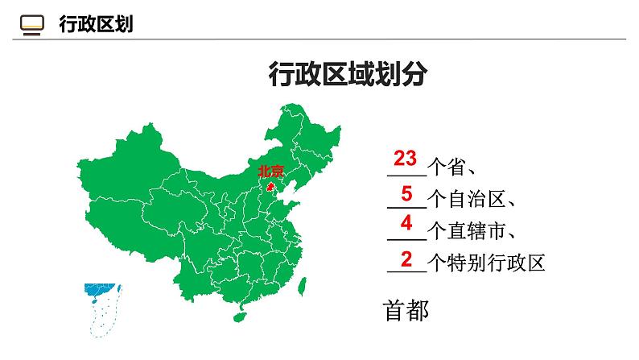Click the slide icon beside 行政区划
point(31,25)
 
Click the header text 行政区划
point(96,25)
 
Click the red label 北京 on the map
point(270,171)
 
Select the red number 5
point(406,193)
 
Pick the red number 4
point(406,224)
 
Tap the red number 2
point(406,259)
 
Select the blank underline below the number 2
point(405,271)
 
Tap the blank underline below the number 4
point(405,239)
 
